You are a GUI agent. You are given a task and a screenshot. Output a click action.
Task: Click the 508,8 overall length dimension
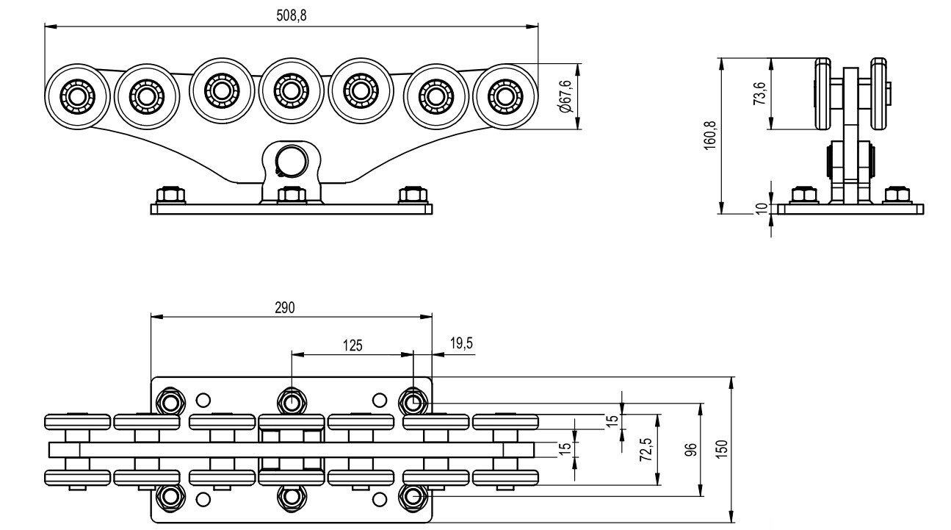tap(292, 15)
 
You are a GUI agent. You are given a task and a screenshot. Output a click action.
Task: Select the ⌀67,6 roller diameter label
tap(566, 96)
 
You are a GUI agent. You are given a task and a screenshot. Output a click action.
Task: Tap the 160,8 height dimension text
tap(709, 135)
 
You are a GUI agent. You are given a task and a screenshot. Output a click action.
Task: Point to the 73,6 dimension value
tap(759, 93)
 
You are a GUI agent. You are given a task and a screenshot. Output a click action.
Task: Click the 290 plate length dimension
tap(284, 308)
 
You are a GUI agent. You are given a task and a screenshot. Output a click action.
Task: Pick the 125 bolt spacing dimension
tap(352, 345)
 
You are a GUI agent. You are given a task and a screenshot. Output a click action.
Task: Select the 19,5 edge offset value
tap(461, 343)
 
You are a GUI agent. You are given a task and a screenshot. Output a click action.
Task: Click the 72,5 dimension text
tap(646, 450)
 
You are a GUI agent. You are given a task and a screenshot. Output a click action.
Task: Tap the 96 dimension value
tap(691, 450)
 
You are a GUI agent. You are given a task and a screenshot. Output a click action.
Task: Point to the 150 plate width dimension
tap(721, 449)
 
